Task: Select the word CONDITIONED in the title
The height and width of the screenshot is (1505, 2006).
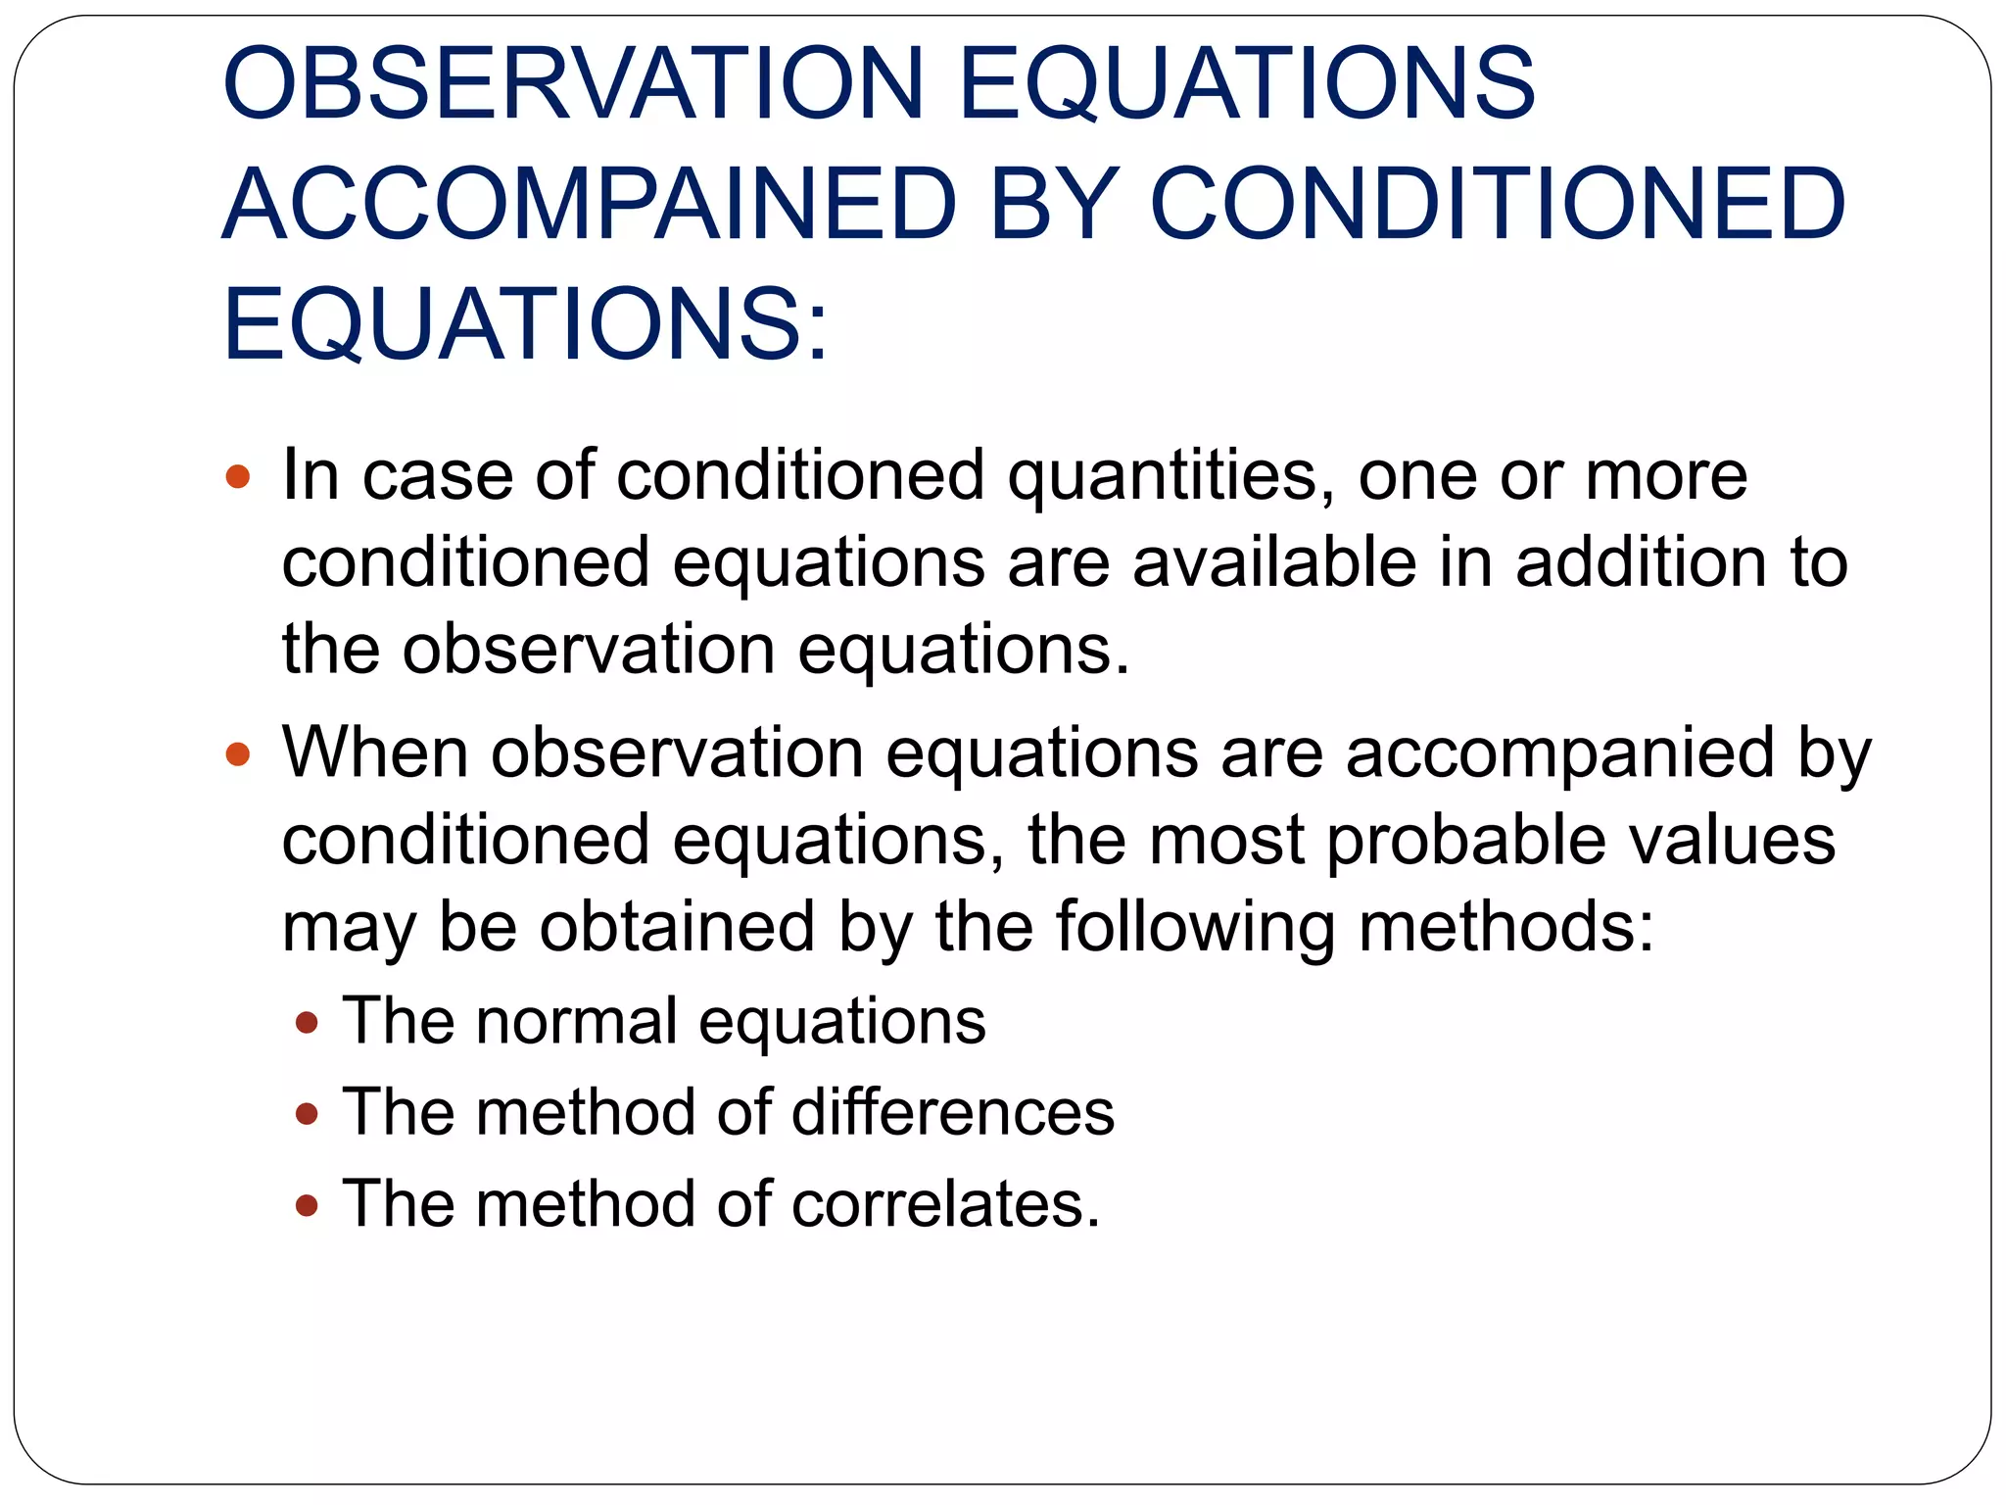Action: click(1497, 205)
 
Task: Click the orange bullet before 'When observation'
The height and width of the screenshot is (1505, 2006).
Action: click(238, 754)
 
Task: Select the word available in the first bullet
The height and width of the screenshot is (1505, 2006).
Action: click(1274, 563)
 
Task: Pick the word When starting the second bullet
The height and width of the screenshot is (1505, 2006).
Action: click(375, 752)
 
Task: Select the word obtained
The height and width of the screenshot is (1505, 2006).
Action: click(677, 927)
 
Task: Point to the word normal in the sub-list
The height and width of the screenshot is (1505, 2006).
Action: click(577, 1021)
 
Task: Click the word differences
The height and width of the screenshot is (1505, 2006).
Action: click(953, 1113)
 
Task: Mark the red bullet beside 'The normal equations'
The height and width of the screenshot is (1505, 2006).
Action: click(307, 1024)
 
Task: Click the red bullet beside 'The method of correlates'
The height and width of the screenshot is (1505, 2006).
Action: click(307, 1206)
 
